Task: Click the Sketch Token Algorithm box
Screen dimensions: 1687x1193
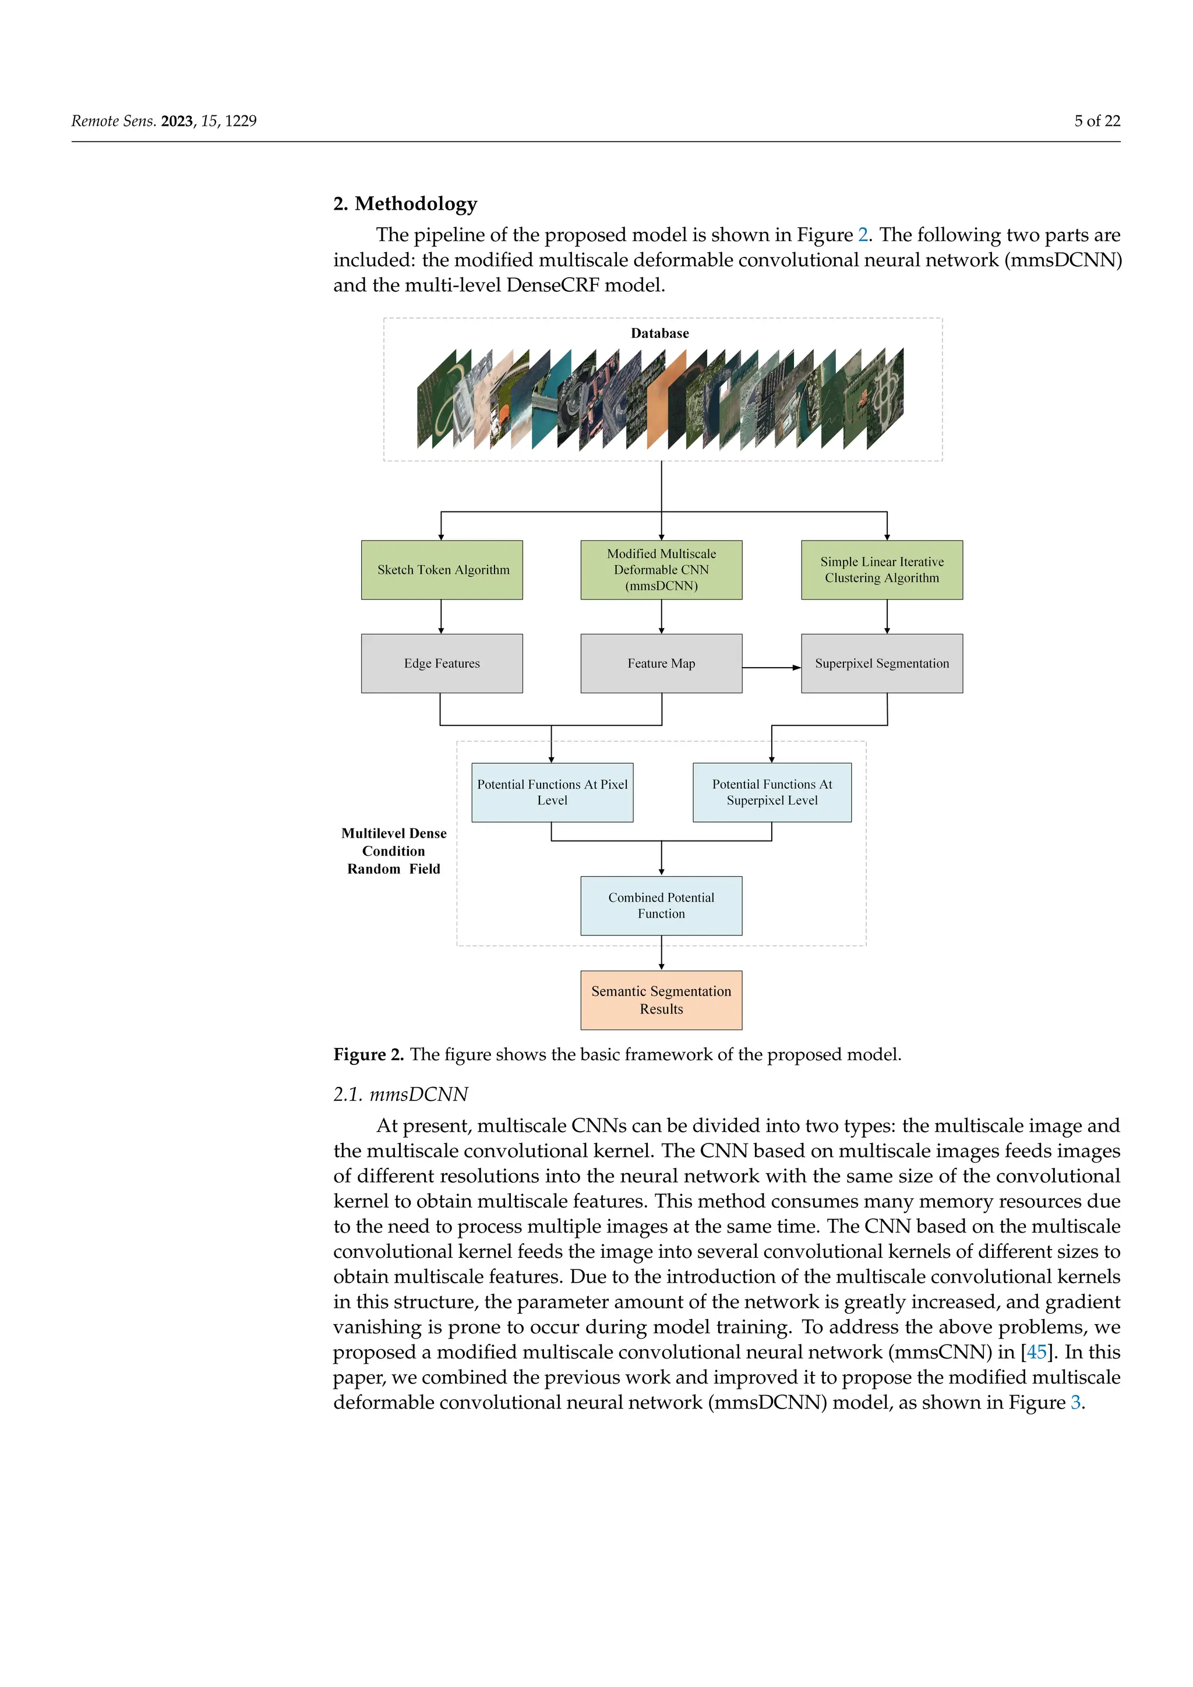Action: [442, 570]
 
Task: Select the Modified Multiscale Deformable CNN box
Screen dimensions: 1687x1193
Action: [661, 570]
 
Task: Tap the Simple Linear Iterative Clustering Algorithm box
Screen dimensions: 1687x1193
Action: [881, 570]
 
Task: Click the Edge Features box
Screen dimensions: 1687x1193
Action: [442, 663]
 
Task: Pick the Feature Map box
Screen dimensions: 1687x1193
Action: [661, 663]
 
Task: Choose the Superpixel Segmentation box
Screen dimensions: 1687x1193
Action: [881, 663]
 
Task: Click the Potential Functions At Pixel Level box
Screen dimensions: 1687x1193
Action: [552, 792]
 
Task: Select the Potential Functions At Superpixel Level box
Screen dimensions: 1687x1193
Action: [771, 792]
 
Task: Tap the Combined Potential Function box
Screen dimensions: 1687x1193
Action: [661, 905]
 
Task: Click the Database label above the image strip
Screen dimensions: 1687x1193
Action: [659, 333]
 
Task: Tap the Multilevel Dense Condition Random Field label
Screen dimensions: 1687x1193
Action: [394, 851]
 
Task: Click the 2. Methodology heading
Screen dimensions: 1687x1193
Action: [405, 203]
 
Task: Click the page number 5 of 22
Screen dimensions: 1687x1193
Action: [1097, 121]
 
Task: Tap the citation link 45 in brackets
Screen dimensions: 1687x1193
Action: [1036, 1352]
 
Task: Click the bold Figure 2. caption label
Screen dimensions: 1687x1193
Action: [368, 1054]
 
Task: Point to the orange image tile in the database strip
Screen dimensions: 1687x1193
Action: [666, 400]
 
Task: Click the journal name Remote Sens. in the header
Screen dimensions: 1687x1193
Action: [113, 121]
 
